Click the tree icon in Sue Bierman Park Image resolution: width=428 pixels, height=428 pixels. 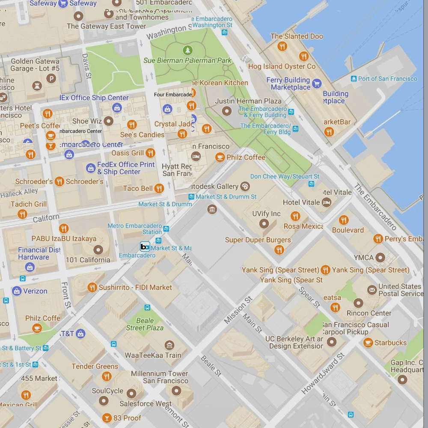click(x=187, y=51)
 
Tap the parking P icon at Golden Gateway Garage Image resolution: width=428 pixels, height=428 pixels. click(x=51, y=78)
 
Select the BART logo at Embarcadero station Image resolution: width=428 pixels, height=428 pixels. click(x=145, y=246)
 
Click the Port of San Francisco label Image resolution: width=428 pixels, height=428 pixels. click(x=387, y=79)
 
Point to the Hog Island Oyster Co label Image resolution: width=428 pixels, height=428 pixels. click(x=282, y=66)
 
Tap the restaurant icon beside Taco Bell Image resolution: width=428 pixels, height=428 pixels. click(x=159, y=188)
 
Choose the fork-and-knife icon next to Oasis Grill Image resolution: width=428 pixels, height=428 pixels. click(x=150, y=153)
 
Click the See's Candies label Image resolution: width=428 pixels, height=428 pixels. click(x=142, y=135)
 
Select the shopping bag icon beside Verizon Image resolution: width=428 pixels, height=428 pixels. click(x=17, y=291)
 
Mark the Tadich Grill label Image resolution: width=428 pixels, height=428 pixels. click(x=29, y=204)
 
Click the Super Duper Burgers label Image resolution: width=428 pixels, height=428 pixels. click(x=258, y=240)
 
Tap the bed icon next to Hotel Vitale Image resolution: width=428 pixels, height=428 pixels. click(x=327, y=202)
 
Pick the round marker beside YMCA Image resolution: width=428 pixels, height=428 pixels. click(x=380, y=258)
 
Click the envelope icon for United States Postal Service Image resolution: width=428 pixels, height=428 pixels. click(x=372, y=291)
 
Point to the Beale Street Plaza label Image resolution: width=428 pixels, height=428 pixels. click(x=145, y=324)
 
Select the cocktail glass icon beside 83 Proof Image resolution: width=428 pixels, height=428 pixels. click(x=107, y=418)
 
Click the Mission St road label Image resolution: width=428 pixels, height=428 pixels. click(x=235, y=313)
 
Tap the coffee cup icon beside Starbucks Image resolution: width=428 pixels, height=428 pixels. click(x=368, y=342)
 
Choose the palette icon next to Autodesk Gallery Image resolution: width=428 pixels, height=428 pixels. click(x=245, y=186)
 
